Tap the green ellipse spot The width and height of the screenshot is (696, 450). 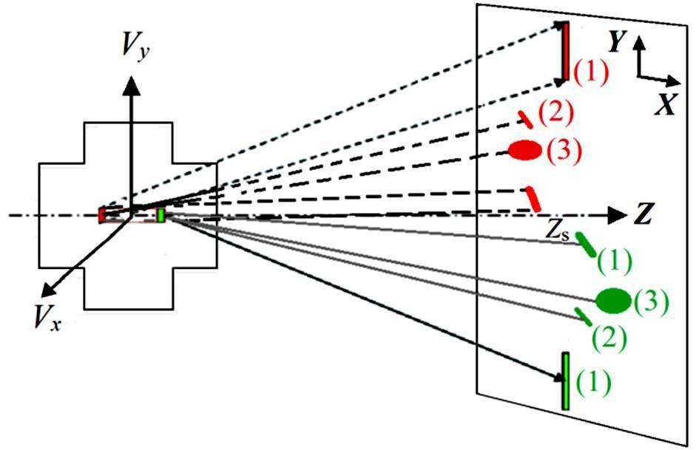coord(613,300)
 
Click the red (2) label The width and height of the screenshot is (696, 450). coord(555,112)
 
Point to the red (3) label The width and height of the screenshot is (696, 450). coord(564,151)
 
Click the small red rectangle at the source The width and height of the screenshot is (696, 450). coord(102,214)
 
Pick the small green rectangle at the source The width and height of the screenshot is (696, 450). coord(161,215)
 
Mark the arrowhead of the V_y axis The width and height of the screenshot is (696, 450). coord(132,83)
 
